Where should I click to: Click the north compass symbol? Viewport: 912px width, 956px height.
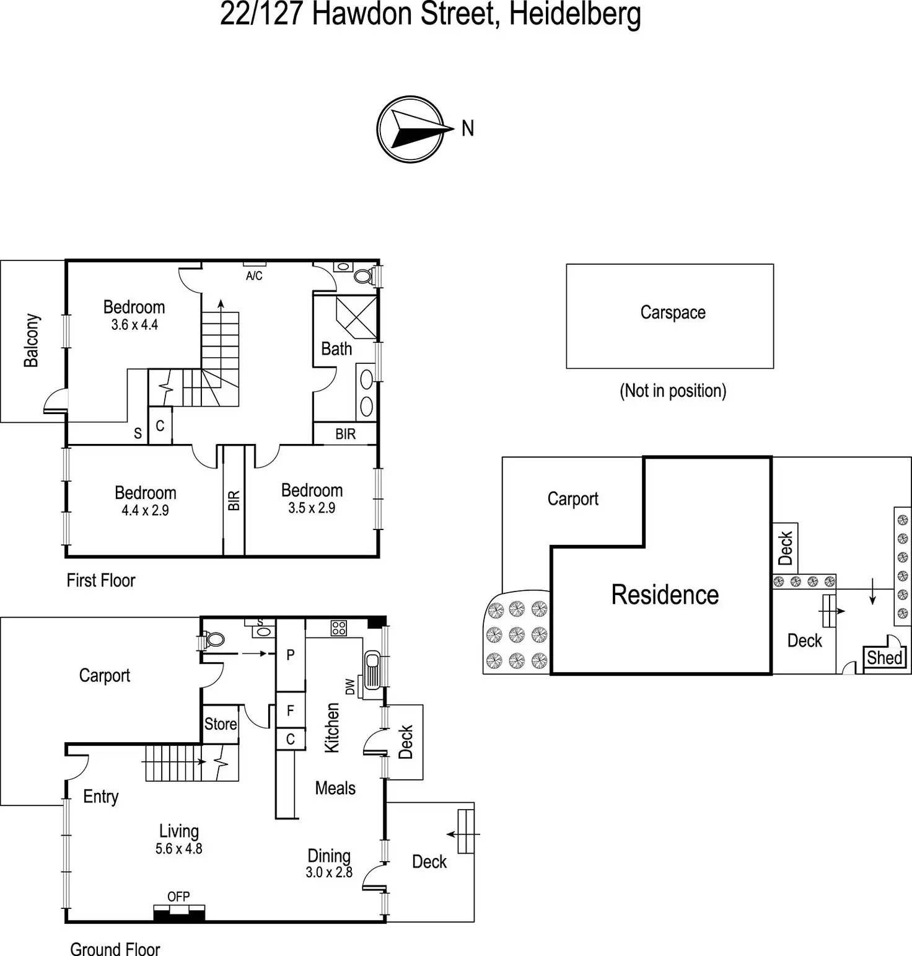click(411, 129)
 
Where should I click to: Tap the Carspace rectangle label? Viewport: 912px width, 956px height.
click(673, 312)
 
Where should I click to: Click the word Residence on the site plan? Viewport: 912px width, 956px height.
click(665, 595)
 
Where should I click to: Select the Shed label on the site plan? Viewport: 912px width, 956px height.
click(884, 657)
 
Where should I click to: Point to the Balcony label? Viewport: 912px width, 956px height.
click(32, 340)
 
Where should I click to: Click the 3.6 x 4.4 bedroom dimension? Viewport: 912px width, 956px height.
click(134, 325)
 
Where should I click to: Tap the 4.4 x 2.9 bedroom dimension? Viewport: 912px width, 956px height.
click(145, 511)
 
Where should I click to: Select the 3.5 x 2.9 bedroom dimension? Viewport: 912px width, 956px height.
click(312, 508)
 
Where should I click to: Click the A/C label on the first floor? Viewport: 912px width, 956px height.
click(254, 276)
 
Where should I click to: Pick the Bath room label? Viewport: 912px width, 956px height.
click(336, 349)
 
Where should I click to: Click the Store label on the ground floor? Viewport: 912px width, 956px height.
click(221, 724)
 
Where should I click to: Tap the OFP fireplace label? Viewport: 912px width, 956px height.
click(178, 896)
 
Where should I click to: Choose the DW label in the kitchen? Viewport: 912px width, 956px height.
click(350, 686)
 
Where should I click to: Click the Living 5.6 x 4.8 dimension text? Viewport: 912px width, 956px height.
click(178, 849)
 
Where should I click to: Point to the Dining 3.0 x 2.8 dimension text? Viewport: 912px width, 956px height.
click(329, 872)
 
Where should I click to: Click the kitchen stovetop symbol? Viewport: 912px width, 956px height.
click(338, 628)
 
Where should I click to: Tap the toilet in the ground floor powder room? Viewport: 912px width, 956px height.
click(213, 639)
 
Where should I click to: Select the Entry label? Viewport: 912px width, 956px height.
click(100, 797)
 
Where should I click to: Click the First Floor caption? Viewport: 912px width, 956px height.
click(101, 581)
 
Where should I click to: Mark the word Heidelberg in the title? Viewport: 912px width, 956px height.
click(574, 15)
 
